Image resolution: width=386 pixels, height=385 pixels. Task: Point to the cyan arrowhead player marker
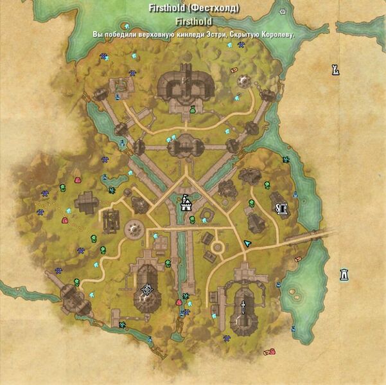[x=248, y=244]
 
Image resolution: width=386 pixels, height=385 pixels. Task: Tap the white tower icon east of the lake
[x=345, y=274]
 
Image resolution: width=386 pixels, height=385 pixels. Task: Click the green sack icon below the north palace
[x=191, y=111]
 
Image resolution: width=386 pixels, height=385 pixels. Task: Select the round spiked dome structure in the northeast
[x=244, y=80]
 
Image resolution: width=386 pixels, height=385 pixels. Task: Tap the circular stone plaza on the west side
[x=135, y=228]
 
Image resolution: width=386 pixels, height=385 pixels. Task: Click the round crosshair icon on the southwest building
[x=147, y=291]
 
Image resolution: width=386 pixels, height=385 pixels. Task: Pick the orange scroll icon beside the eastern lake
[x=297, y=259]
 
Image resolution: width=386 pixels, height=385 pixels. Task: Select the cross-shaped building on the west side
[x=86, y=203]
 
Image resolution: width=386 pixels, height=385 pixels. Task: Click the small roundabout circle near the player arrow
[x=219, y=246]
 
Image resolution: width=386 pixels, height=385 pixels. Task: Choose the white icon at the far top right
[x=335, y=69]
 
